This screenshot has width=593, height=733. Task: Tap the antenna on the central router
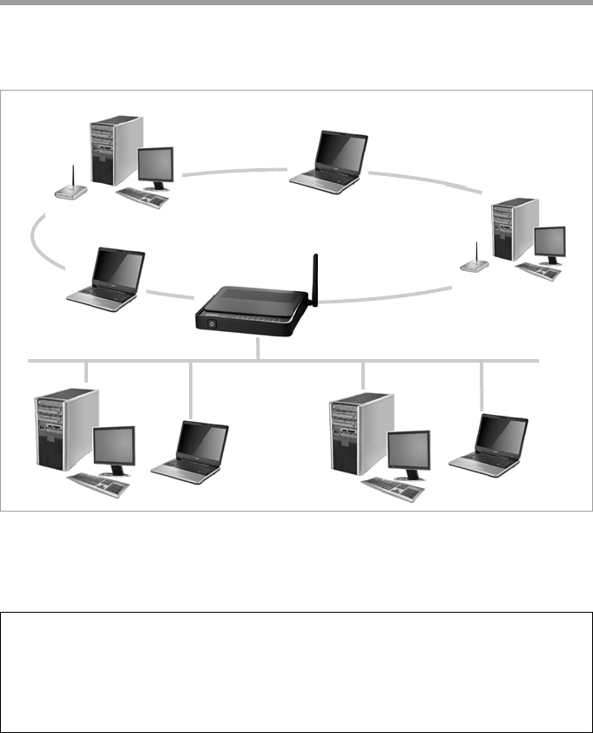315,279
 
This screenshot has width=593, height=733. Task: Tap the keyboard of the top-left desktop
143,196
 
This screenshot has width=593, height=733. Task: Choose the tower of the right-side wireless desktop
513,229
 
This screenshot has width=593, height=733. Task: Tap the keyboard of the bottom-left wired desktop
98,483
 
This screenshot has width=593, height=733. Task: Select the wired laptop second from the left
190,451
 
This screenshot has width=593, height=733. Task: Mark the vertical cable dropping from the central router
259,349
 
